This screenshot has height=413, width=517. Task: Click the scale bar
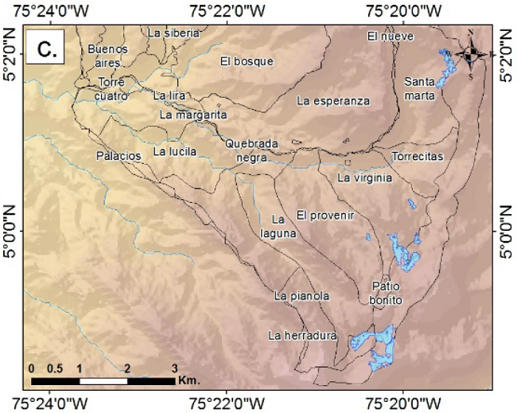[x=103, y=381]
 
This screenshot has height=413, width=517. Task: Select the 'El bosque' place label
[x=247, y=61]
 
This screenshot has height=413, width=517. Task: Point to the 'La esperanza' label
[x=333, y=101]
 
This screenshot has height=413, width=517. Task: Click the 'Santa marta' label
[x=419, y=88]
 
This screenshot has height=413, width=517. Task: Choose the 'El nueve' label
[x=386, y=36]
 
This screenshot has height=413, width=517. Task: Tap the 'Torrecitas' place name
[x=417, y=156]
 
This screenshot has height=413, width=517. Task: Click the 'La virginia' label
[x=365, y=178]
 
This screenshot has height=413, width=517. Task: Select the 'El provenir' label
[x=325, y=216]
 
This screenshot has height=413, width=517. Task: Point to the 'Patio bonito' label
[x=387, y=293]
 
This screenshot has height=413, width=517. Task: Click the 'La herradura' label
[x=303, y=335]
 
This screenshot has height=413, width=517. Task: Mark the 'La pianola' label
[x=301, y=295]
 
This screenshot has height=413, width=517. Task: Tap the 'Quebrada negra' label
[x=251, y=150]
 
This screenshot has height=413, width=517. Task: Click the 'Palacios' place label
[x=119, y=155]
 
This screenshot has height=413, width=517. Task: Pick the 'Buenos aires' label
[x=107, y=56]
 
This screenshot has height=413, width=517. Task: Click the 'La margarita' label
[x=188, y=115]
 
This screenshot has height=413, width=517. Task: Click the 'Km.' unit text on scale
[x=189, y=380]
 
